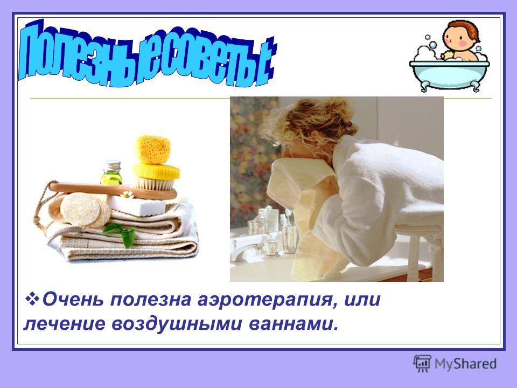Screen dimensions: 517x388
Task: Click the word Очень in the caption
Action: point(73,300)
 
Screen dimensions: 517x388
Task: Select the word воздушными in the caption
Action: point(177,324)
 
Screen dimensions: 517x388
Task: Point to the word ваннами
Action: point(294,324)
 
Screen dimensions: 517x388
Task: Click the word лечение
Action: point(64,324)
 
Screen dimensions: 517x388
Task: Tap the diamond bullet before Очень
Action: point(32,299)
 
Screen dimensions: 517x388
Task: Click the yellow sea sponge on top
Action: point(153,149)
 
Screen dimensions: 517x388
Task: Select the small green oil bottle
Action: point(111,172)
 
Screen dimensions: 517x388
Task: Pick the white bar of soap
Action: point(136,205)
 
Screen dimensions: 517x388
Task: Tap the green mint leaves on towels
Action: point(121,233)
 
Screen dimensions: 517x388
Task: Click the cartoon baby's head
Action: point(459,34)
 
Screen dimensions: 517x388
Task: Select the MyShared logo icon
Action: point(422,364)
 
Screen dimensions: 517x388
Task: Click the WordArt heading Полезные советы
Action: point(146,54)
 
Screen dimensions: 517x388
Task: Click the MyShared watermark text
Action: point(465,364)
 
